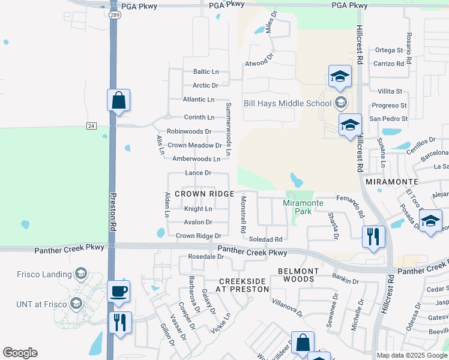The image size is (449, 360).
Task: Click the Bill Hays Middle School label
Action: pyautogui.click(x=287, y=103)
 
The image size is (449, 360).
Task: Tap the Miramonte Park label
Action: pyautogui.click(x=303, y=207)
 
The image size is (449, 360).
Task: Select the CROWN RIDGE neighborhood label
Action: pyautogui.click(x=203, y=194)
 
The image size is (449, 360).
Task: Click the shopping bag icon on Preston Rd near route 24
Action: pyautogui.click(x=119, y=100)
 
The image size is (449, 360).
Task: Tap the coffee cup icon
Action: pyautogui.click(x=119, y=292)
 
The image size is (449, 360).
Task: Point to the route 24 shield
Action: pyautogui.click(x=91, y=125)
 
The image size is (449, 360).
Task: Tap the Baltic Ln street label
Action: pyautogui.click(x=205, y=71)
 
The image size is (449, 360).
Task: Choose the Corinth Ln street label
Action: pyautogui.click(x=199, y=117)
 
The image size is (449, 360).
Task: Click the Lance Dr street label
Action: pyautogui.click(x=198, y=173)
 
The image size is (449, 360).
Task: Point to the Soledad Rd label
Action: pyautogui.click(x=265, y=239)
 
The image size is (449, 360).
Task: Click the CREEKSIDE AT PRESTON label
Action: pyautogui.click(x=242, y=285)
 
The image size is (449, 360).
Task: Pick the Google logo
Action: pyautogui.click(x=20, y=353)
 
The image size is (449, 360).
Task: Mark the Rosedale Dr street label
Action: pyautogui.click(x=206, y=257)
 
